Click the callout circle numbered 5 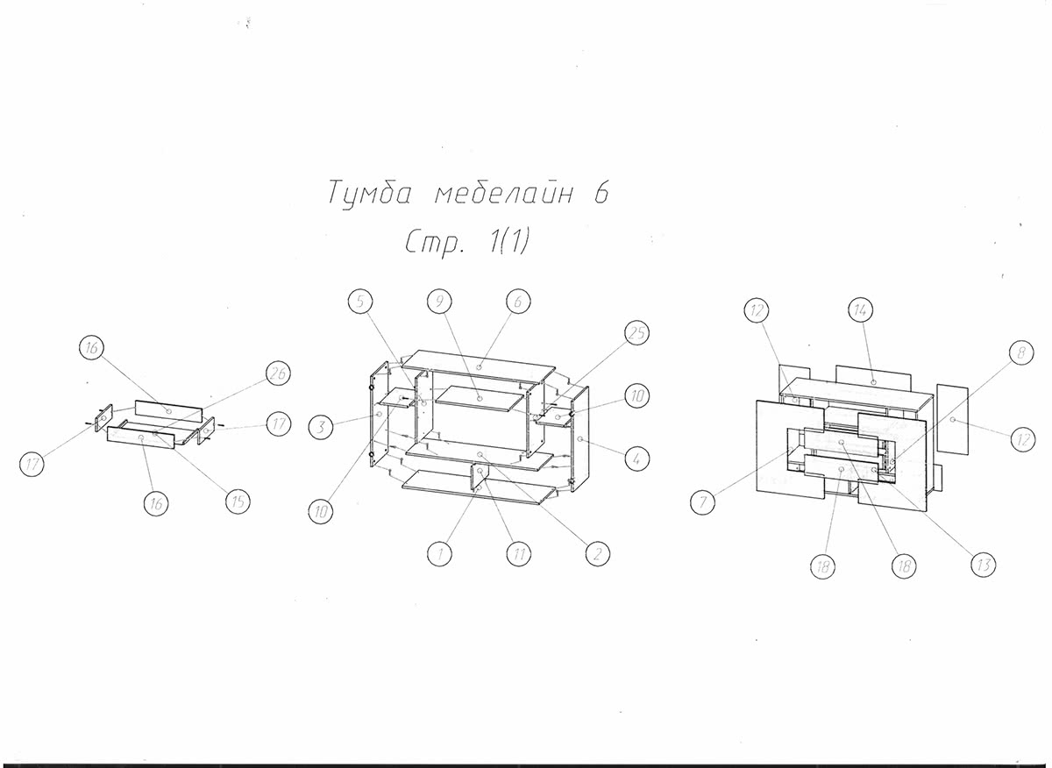360,302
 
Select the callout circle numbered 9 439,302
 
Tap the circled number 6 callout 518,302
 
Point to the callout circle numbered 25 637,333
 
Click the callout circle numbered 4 637,457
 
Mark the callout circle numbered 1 439,553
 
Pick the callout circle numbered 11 518,553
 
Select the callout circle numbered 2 597,553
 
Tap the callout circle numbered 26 277,373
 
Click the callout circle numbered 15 237,501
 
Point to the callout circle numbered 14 862,309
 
